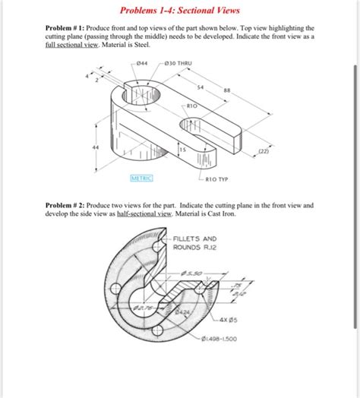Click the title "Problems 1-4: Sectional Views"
(179, 11)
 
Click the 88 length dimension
(227, 92)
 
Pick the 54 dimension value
(200, 88)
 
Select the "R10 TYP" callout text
(217, 181)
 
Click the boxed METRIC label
(141, 178)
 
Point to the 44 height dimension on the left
(96, 147)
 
